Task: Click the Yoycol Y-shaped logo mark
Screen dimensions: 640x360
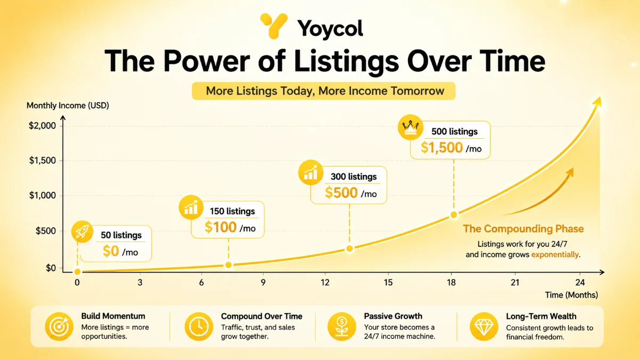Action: click(x=274, y=26)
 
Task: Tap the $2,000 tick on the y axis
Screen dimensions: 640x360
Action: click(x=42, y=126)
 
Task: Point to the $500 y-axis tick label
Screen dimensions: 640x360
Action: click(x=45, y=231)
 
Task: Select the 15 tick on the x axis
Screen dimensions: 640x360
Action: click(x=388, y=283)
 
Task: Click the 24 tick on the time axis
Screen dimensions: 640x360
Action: click(x=580, y=283)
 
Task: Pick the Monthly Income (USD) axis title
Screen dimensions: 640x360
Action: click(x=68, y=106)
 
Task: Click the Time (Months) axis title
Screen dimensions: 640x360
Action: click(x=571, y=295)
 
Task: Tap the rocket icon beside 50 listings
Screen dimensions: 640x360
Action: click(x=82, y=231)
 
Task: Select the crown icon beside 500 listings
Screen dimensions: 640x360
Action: click(x=410, y=127)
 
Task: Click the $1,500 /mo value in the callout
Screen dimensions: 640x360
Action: click(x=451, y=148)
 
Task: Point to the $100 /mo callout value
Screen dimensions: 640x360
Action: click(x=230, y=227)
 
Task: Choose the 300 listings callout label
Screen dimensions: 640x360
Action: click(x=354, y=177)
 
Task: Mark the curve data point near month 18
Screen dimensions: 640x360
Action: click(x=454, y=215)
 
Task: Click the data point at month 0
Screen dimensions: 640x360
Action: click(x=77, y=271)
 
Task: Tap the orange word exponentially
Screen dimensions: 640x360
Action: click(x=555, y=254)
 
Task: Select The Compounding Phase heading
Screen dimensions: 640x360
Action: click(x=523, y=229)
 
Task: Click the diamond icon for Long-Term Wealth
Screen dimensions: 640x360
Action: click(x=484, y=326)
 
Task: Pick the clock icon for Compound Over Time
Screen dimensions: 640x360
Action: click(x=199, y=326)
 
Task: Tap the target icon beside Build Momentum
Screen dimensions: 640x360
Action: click(x=59, y=326)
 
